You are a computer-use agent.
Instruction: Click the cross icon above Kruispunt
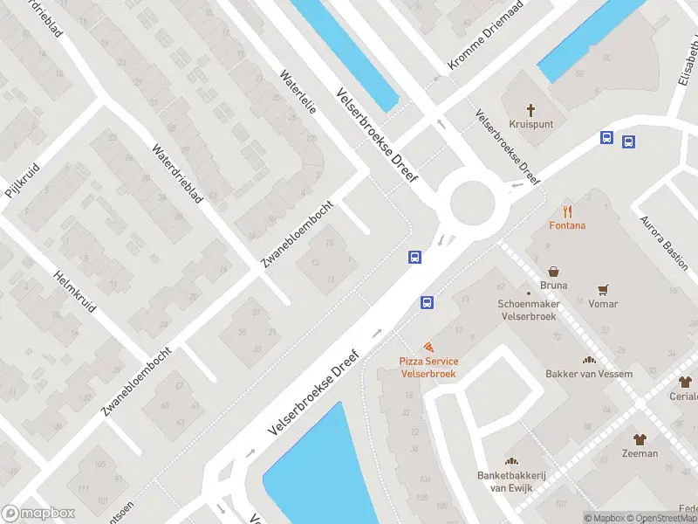[x=531, y=110]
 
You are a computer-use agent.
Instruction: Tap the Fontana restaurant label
[x=567, y=225]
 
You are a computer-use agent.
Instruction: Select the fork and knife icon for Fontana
[x=567, y=210]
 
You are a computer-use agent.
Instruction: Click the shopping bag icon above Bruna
[x=553, y=271]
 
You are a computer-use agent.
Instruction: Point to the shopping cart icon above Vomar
[x=602, y=289]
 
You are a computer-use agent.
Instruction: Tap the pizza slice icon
[x=428, y=348]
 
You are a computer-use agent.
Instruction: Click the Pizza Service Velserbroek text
[x=428, y=368]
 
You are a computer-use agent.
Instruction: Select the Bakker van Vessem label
[x=588, y=374]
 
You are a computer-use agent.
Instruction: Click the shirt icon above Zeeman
[x=640, y=439]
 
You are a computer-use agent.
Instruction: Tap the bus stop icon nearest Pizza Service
[x=427, y=303]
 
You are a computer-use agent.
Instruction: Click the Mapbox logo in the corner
[x=38, y=514]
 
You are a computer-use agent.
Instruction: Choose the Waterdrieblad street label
[x=177, y=173]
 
